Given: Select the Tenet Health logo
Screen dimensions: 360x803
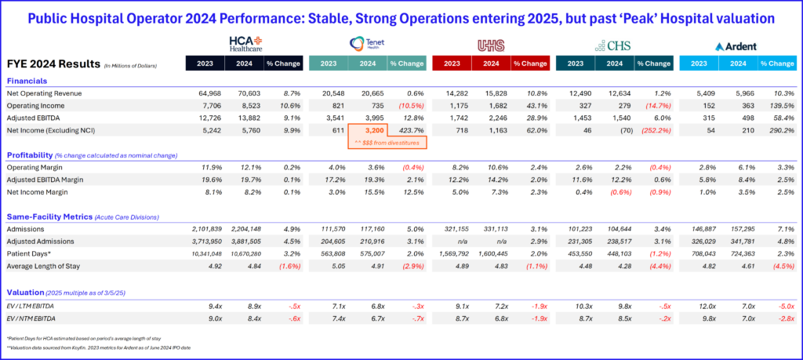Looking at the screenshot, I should coord(369,43).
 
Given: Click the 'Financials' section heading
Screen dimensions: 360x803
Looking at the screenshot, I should coord(27,80).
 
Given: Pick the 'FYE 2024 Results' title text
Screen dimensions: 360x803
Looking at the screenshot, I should coord(53,64).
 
